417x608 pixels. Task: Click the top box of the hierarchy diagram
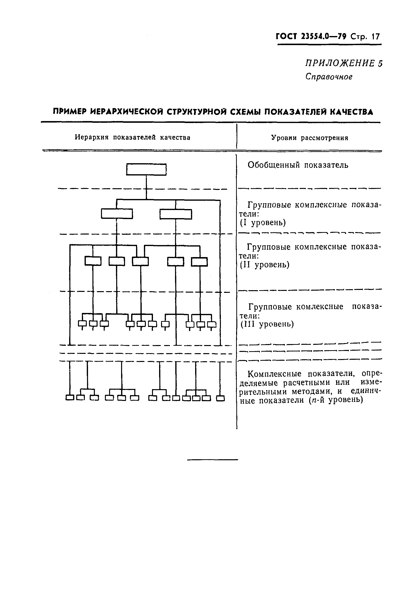(x=146, y=169)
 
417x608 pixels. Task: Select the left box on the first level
(x=117, y=214)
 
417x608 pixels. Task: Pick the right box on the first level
(x=176, y=214)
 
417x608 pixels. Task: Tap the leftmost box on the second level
(x=93, y=261)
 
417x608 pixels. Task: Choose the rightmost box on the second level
(x=199, y=262)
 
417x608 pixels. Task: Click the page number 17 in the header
(x=375, y=37)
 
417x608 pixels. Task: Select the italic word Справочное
(x=329, y=77)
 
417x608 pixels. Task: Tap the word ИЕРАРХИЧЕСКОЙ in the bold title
(x=127, y=112)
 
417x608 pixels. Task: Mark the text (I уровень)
(x=263, y=223)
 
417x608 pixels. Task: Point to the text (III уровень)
(x=267, y=324)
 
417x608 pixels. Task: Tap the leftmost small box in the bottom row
(x=70, y=398)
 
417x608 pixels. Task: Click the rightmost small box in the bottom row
(x=220, y=398)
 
